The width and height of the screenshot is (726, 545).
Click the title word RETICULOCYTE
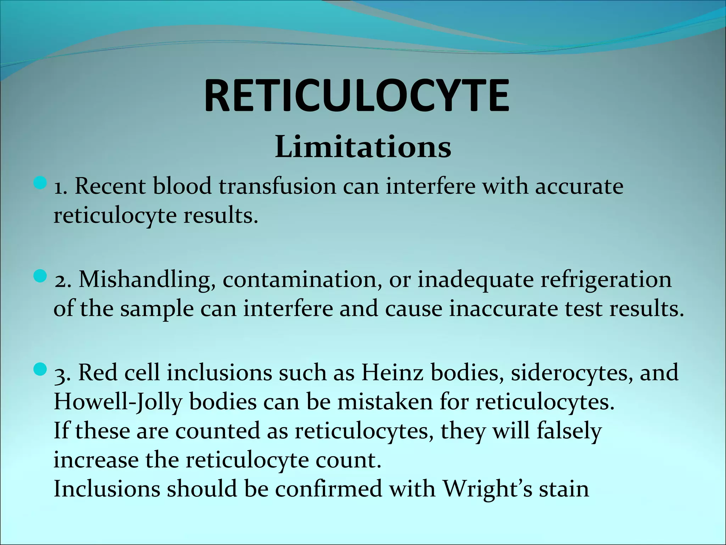coord(357,96)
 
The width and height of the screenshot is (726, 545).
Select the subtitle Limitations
coord(363,147)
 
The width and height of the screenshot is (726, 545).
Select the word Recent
coord(110,186)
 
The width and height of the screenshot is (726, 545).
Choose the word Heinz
coord(392,373)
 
